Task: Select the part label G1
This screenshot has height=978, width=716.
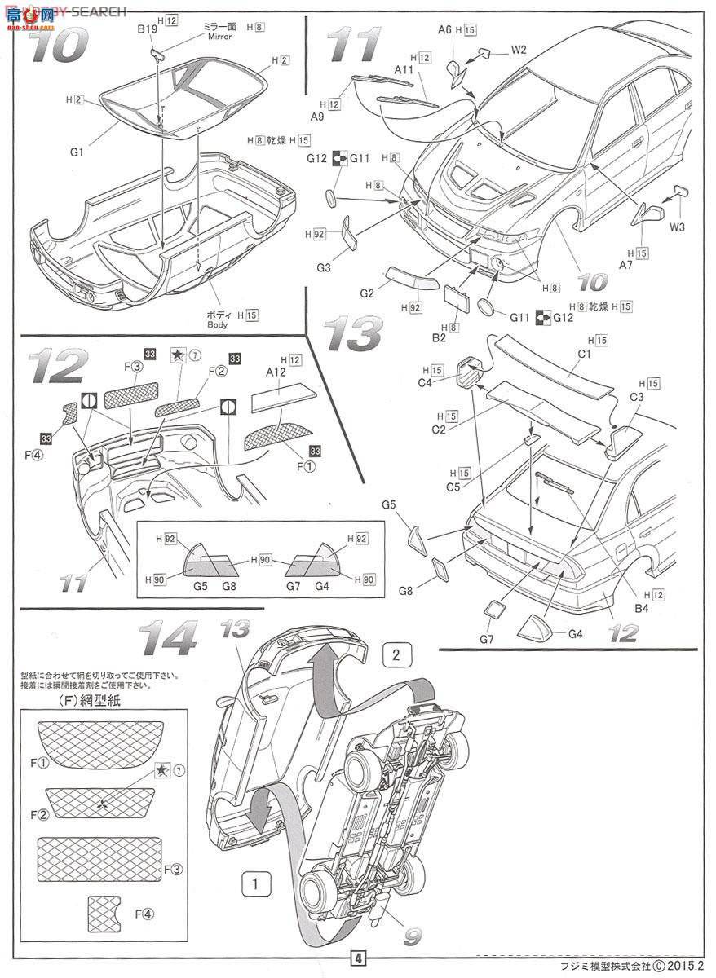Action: (77, 151)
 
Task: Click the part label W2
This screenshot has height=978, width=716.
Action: (519, 49)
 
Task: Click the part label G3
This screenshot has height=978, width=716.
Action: (324, 267)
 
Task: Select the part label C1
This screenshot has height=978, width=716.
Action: (585, 355)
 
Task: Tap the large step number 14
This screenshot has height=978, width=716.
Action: (166, 638)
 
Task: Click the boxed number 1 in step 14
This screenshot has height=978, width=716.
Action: (256, 883)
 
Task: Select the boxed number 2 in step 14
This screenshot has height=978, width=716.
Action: (395, 653)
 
